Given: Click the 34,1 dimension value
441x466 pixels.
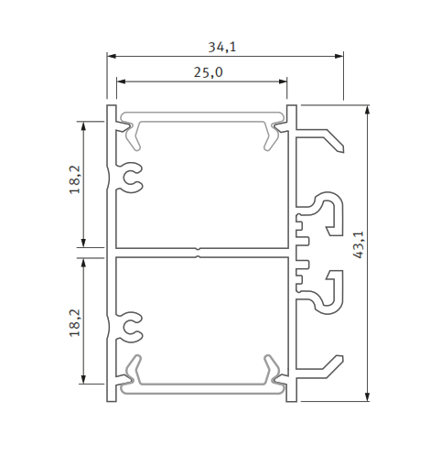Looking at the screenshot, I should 223,45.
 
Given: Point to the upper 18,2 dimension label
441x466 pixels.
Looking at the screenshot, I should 74,179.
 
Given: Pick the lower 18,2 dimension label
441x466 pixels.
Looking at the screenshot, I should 74,321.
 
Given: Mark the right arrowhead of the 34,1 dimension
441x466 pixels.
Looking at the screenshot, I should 339,57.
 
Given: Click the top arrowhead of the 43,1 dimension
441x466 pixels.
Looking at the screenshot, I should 367,110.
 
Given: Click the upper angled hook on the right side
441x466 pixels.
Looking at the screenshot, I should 325,139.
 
